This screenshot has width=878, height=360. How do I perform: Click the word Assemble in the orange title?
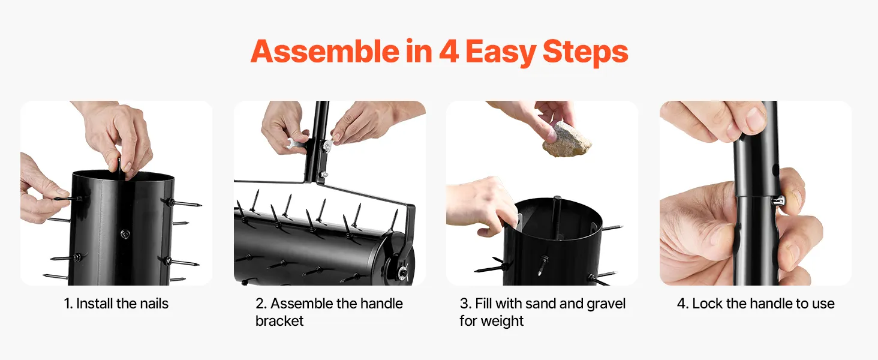pyautogui.click(x=325, y=52)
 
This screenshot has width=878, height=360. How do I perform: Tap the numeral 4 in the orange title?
pyautogui.click(x=449, y=52)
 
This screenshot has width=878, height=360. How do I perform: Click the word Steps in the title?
pyautogui.click(x=585, y=52)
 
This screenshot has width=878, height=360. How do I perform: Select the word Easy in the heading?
pyautogui.click(x=501, y=53)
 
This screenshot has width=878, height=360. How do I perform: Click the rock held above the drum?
pyautogui.click(x=567, y=140)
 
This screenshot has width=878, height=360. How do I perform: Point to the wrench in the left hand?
pyautogui.click(x=297, y=143)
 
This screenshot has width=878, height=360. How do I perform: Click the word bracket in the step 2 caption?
pyautogui.click(x=279, y=321)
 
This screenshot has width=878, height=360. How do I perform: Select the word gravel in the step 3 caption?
pyautogui.click(x=606, y=304)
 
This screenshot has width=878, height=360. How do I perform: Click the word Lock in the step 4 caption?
pyautogui.click(x=708, y=304)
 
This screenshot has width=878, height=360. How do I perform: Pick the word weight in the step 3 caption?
pyautogui.click(x=503, y=321)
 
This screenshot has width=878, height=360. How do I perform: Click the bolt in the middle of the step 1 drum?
pyautogui.click(x=125, y=234)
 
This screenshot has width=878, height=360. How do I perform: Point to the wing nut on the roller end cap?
pyautogui.click(x=404, y=272)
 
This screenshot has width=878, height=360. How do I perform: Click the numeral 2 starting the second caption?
pyautogui.click(x=260, y=304)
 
